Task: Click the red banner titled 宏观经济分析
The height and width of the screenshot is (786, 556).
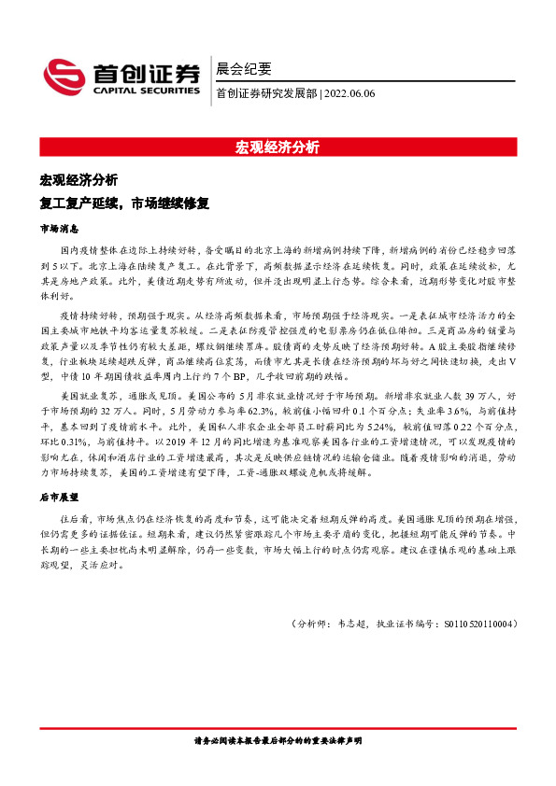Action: point(278,147)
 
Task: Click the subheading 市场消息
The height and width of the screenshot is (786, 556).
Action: point(58,228)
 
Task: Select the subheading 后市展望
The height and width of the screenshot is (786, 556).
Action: point(58,498)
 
